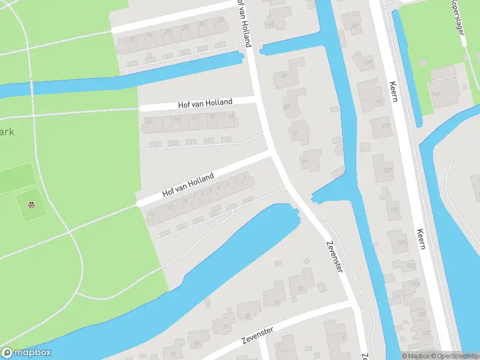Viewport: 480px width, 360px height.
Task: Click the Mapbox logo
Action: [26, 353]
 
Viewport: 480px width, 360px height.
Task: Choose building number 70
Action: [295, 133]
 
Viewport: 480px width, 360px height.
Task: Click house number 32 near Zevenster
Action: [300, 288]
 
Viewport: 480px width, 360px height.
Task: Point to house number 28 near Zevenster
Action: [197, 343]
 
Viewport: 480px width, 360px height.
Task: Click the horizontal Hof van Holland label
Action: [205, 103]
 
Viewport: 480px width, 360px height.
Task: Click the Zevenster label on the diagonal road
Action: [334, 257]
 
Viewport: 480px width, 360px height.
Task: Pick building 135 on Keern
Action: [394, 210]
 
